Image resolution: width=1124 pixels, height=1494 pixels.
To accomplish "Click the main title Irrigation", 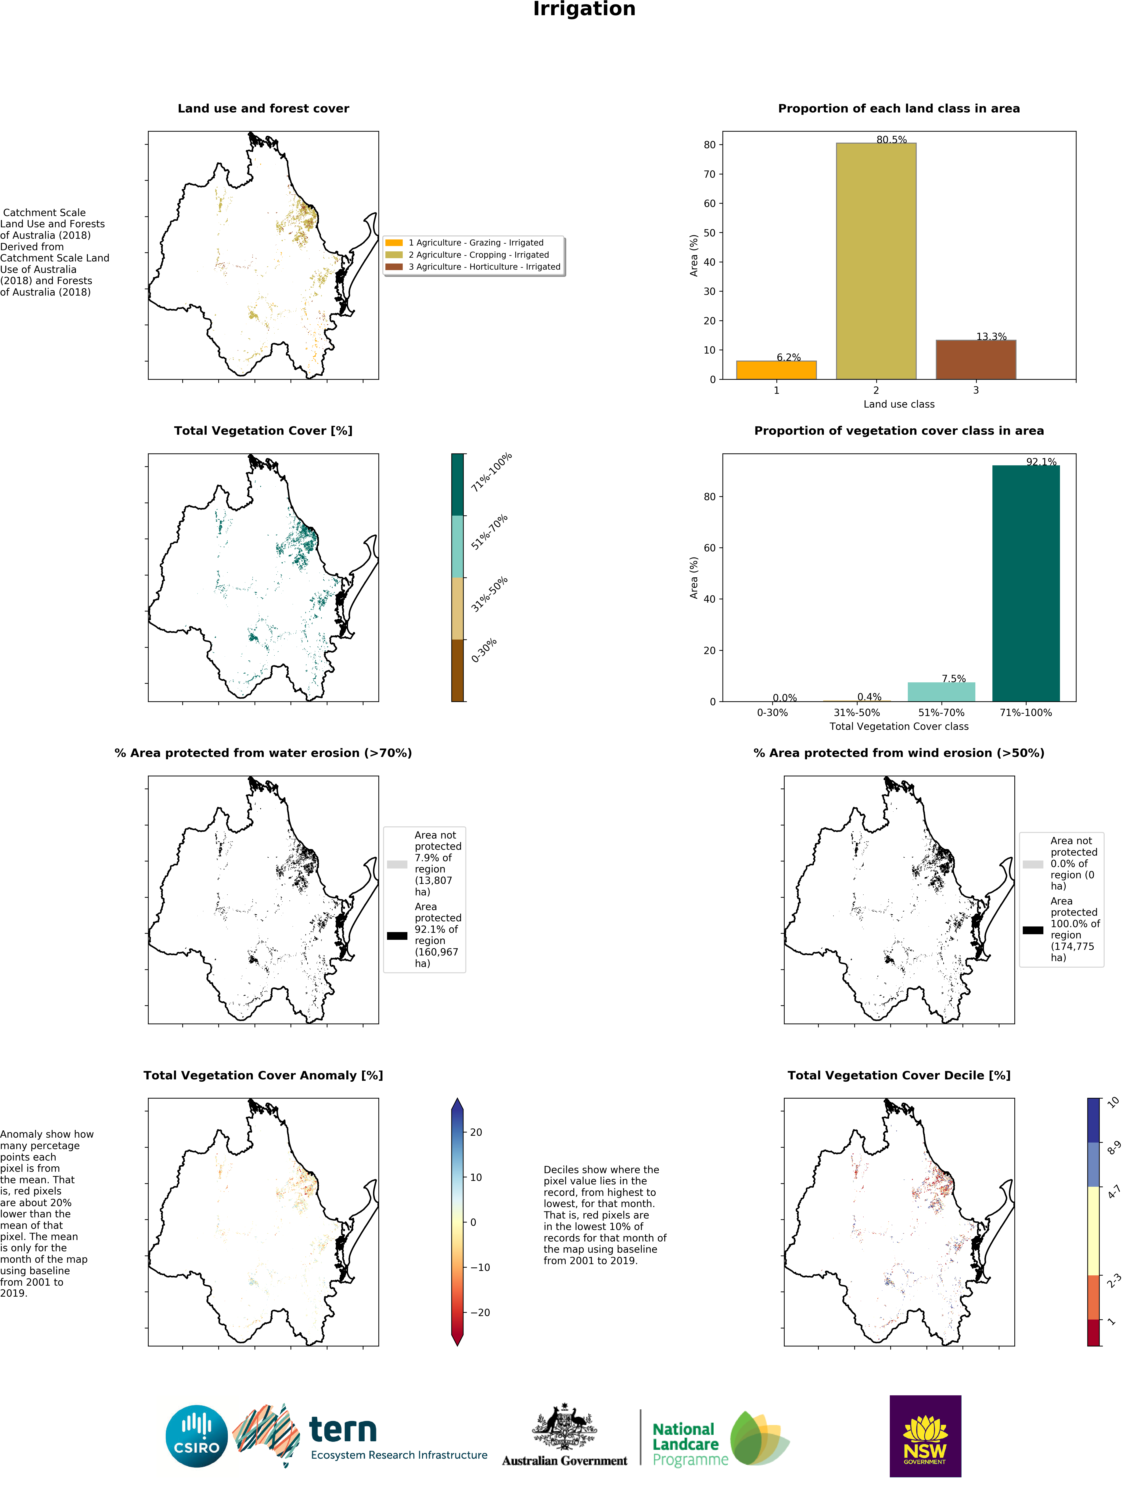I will coord(584,9).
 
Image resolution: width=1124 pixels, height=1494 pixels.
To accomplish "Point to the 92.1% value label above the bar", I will coord(1041,462).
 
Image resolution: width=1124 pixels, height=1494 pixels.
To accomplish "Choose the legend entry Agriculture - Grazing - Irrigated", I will coord(475,242).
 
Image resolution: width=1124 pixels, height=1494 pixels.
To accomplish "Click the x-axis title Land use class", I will coord(898,404).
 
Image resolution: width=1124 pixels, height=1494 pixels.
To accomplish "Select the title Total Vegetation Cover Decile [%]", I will coord(898,1075).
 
